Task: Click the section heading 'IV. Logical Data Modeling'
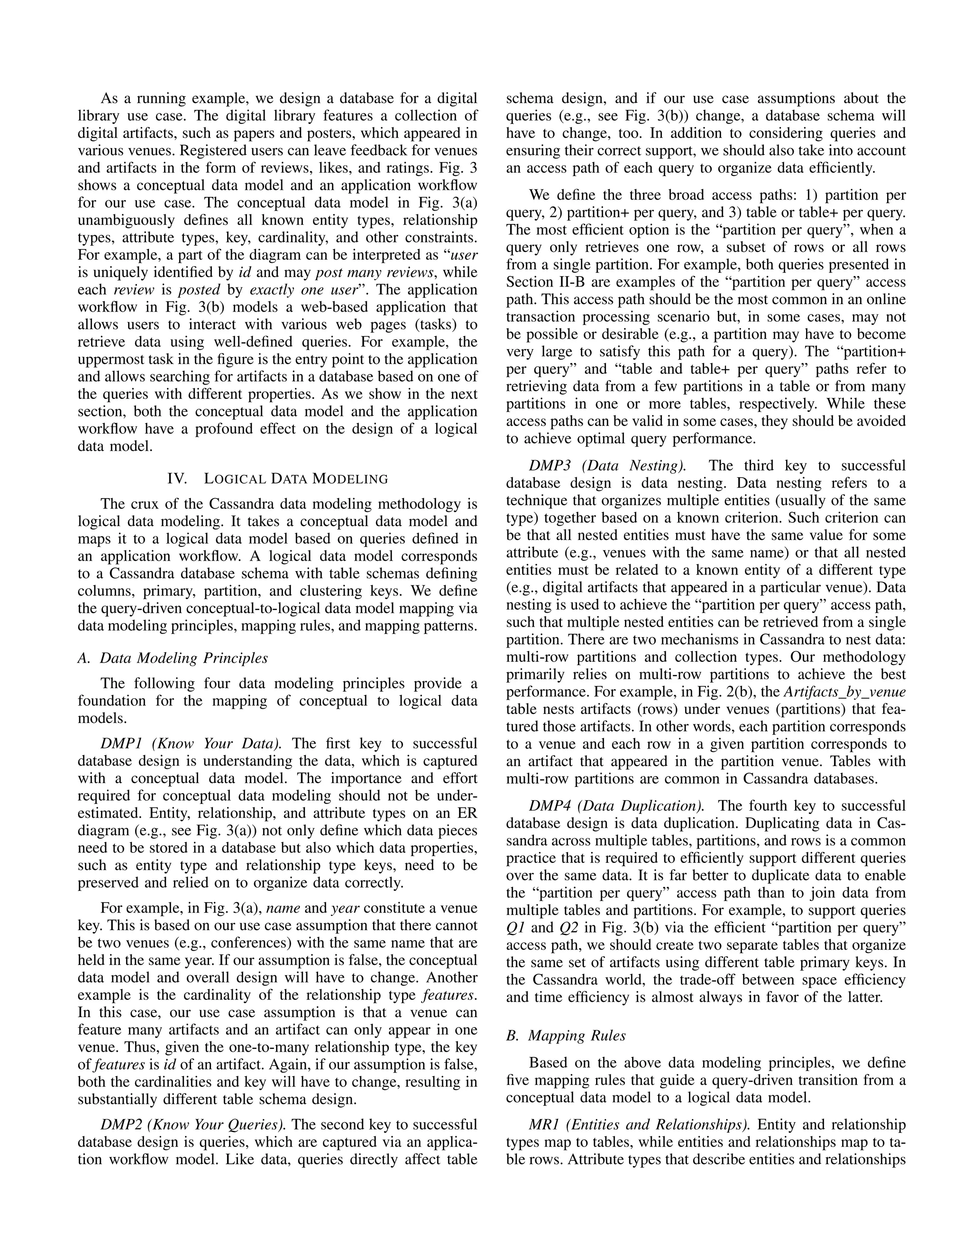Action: click(277, 478)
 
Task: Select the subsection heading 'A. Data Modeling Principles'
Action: click(173, 658)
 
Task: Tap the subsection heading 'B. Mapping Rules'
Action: click(566, 1035)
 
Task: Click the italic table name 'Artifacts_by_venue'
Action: click(844, 691)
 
